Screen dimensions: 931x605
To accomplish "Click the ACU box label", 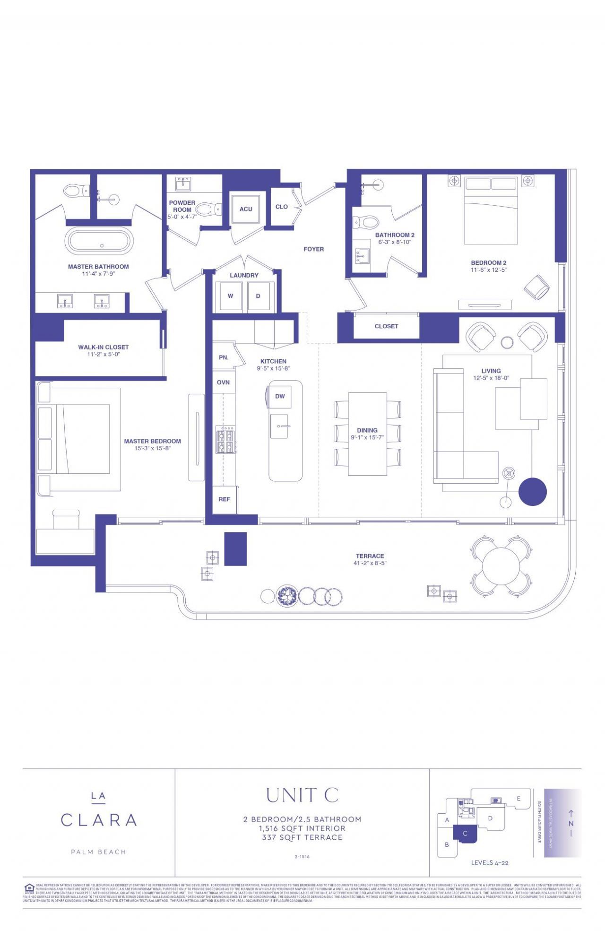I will tap(245, 209).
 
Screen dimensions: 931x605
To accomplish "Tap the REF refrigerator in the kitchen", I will tap(224, 499).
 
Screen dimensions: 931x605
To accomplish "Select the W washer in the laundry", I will tap(231, 296).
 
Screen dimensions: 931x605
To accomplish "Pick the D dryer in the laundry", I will tap(258, 296).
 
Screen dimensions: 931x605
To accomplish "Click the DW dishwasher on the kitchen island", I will tap(280, 396).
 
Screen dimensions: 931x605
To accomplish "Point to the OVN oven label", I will tap(223, 382).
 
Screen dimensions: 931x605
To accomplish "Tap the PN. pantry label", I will tap(224, 357).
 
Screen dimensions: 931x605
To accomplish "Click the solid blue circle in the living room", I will tap(533, 492).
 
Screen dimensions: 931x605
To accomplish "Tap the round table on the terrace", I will tap(500, 565).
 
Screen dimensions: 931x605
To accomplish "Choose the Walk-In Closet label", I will tap(103, 347).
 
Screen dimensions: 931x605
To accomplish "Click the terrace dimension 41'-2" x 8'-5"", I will tap(370, 563).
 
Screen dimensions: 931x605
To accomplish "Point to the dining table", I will tap(367, 434).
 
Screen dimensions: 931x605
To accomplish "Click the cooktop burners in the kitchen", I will tap(226, 440).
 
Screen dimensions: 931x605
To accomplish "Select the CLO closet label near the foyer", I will tap(281, 207).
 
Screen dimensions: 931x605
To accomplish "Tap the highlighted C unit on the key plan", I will tap(465, 833).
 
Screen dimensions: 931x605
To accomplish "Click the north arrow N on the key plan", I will tap(571, 823).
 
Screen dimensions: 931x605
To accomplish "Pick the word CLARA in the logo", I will tap(99, 820).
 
